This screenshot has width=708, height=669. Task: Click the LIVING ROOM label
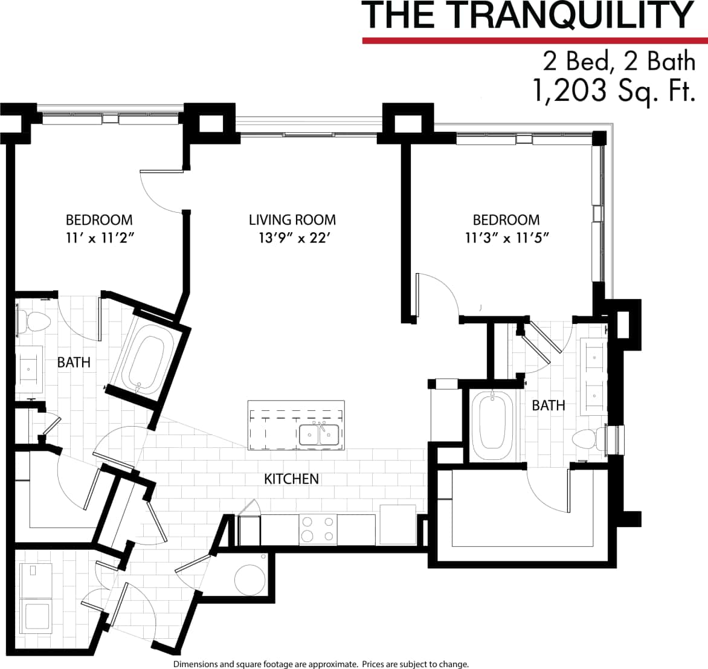[x=292, y=220]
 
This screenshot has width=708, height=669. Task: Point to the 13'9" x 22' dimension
[x=292, y=238]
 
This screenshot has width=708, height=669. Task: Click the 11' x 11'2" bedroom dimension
[x=99, y=238]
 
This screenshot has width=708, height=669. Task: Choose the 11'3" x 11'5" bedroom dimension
[x=506, y=238]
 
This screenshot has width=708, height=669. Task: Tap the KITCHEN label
[x=291, y=479]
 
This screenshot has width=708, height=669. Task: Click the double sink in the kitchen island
[x=318, y=435]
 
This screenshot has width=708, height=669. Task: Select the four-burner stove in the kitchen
[x=318, y=529]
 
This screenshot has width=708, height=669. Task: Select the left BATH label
[x=74, y=363]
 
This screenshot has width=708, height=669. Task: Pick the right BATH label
[x=549, y=406]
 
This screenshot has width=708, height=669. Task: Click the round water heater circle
[x=249, y=580]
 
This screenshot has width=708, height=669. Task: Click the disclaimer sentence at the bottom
[x=321, y=664]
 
